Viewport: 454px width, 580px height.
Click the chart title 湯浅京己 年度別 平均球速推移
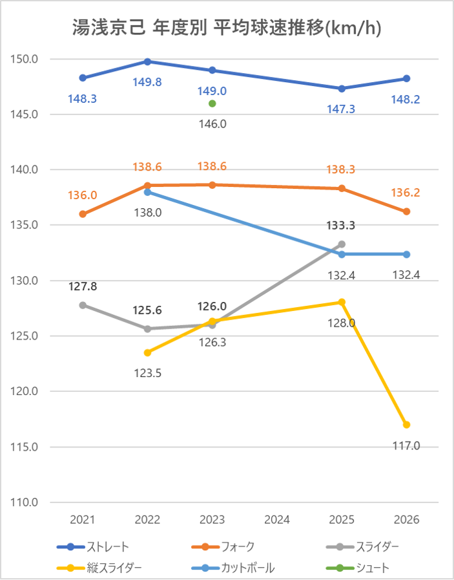[226, 28]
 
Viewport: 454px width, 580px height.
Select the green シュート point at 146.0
[212, 103]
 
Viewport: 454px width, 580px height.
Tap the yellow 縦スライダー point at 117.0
[407, 425]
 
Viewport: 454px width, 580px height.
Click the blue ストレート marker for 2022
[147, 61]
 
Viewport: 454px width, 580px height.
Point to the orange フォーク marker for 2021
[83, 214]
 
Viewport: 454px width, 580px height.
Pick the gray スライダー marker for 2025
[342, 244]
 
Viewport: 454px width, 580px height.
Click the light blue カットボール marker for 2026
[407, 254]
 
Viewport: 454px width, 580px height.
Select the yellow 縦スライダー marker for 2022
[147, 352]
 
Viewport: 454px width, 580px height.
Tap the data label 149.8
[147, 81]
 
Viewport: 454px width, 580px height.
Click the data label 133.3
[342, 226]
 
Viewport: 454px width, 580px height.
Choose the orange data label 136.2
[407, 193]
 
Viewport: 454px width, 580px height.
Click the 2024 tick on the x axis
[277, 519]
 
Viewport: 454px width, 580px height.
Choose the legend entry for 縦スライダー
[114, 568]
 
